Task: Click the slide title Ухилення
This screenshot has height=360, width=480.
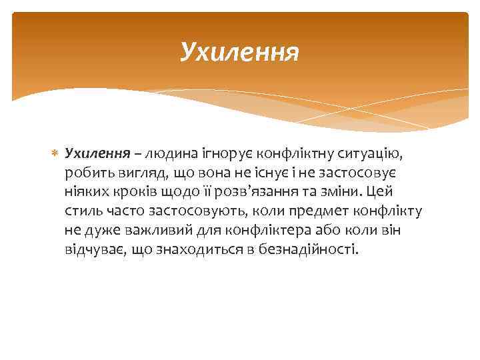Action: pos(240,51)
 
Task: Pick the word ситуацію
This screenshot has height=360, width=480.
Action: pos(369,154)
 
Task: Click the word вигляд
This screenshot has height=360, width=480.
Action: pos(141,173)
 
